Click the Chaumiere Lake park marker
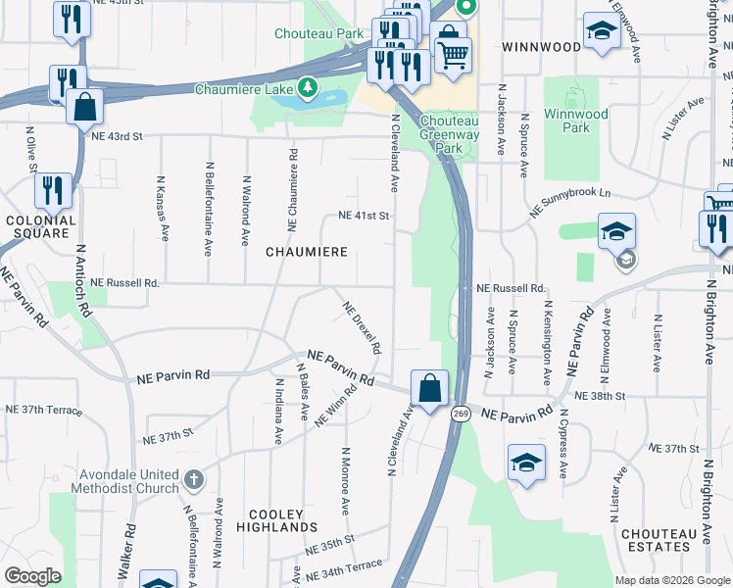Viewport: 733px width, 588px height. pos(309,89)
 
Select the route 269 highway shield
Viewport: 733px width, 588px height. pos(459,415)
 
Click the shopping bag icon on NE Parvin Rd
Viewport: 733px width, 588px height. pos(429,389)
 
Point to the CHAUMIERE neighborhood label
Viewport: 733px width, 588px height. pos(307,252)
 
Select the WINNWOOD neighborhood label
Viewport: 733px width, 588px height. pos(541,46)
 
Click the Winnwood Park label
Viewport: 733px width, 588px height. pos(577,121)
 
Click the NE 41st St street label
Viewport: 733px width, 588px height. pos(364,215)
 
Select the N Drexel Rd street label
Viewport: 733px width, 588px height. pos(361,327)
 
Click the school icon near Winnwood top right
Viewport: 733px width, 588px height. pos(601,31)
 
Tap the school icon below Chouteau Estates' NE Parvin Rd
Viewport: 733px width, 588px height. pos(526,462)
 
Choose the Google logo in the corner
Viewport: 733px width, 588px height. pos(32,576)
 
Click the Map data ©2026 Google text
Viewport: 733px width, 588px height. pos(672,580)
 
